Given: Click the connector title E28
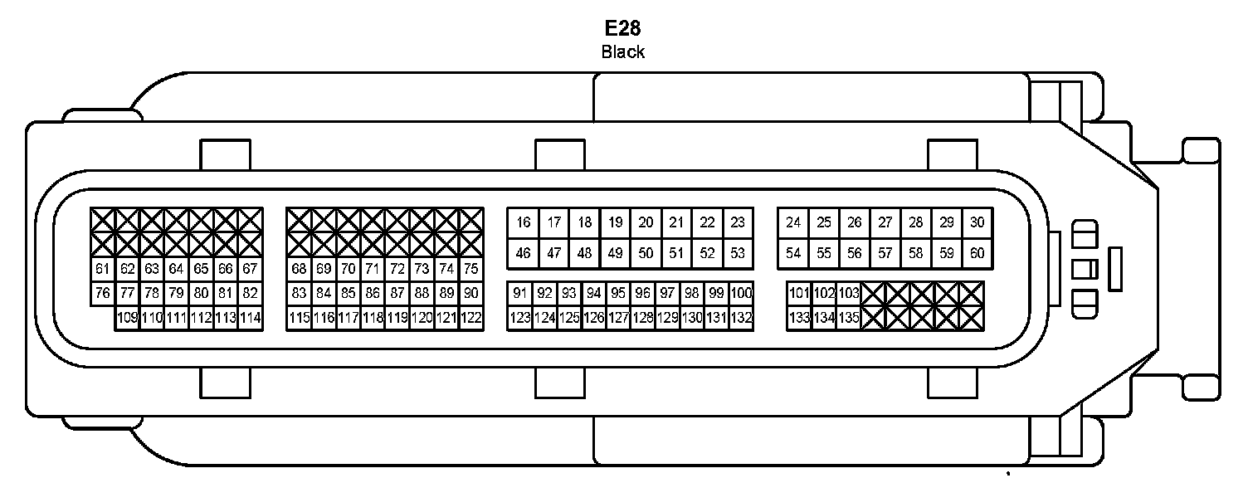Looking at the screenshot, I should pyautogui.click(x=622, y=27).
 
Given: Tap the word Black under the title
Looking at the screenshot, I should pyautogui.click(x=622, y=51).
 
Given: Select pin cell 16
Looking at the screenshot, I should pyautogui.click(x=523, y=222).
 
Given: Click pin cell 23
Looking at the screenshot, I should pyautogui.click(x=738, y=222).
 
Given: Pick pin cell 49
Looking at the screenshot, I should pyautogui.click(x=615, y=254).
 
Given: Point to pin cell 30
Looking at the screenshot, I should pyautogui.click(x=977, y=222).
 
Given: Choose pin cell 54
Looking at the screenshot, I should pyautogui.click(x=794, y=254).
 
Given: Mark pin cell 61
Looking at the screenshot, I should pyautogui.click(x=103, y=269).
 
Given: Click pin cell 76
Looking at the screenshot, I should pyautogui.click(x=103, y=293).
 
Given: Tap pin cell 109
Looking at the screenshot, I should pyautogui.click(x=127, y=317).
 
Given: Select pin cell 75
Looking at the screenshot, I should pyautogui.click(x=470, y=269).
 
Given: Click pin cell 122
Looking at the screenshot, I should pyautogui.click(x=470, y=317).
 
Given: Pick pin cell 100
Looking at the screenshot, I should pyautogui.click(x=741, y=293).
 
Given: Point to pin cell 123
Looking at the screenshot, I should pyautogui.click(x=519, y=317).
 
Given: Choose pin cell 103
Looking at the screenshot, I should pyautogui.click(x=849, y=293).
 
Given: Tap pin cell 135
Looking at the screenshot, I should pyautogui.click(x=849, y=317).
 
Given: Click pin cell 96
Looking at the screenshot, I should pyautogui.click(x=642, y=293).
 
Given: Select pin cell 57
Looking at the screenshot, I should pyautogui.click(x=885, y=254).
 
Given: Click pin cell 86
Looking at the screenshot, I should pyautogui.click(x=373, y=293).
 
